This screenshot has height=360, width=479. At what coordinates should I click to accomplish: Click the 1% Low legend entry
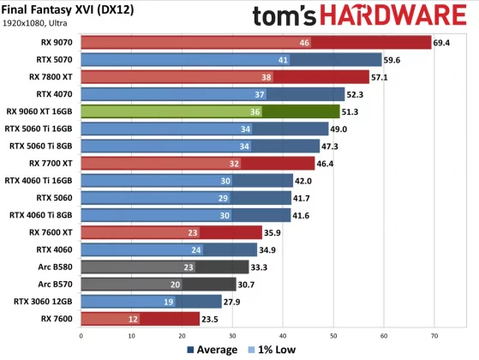273,350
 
